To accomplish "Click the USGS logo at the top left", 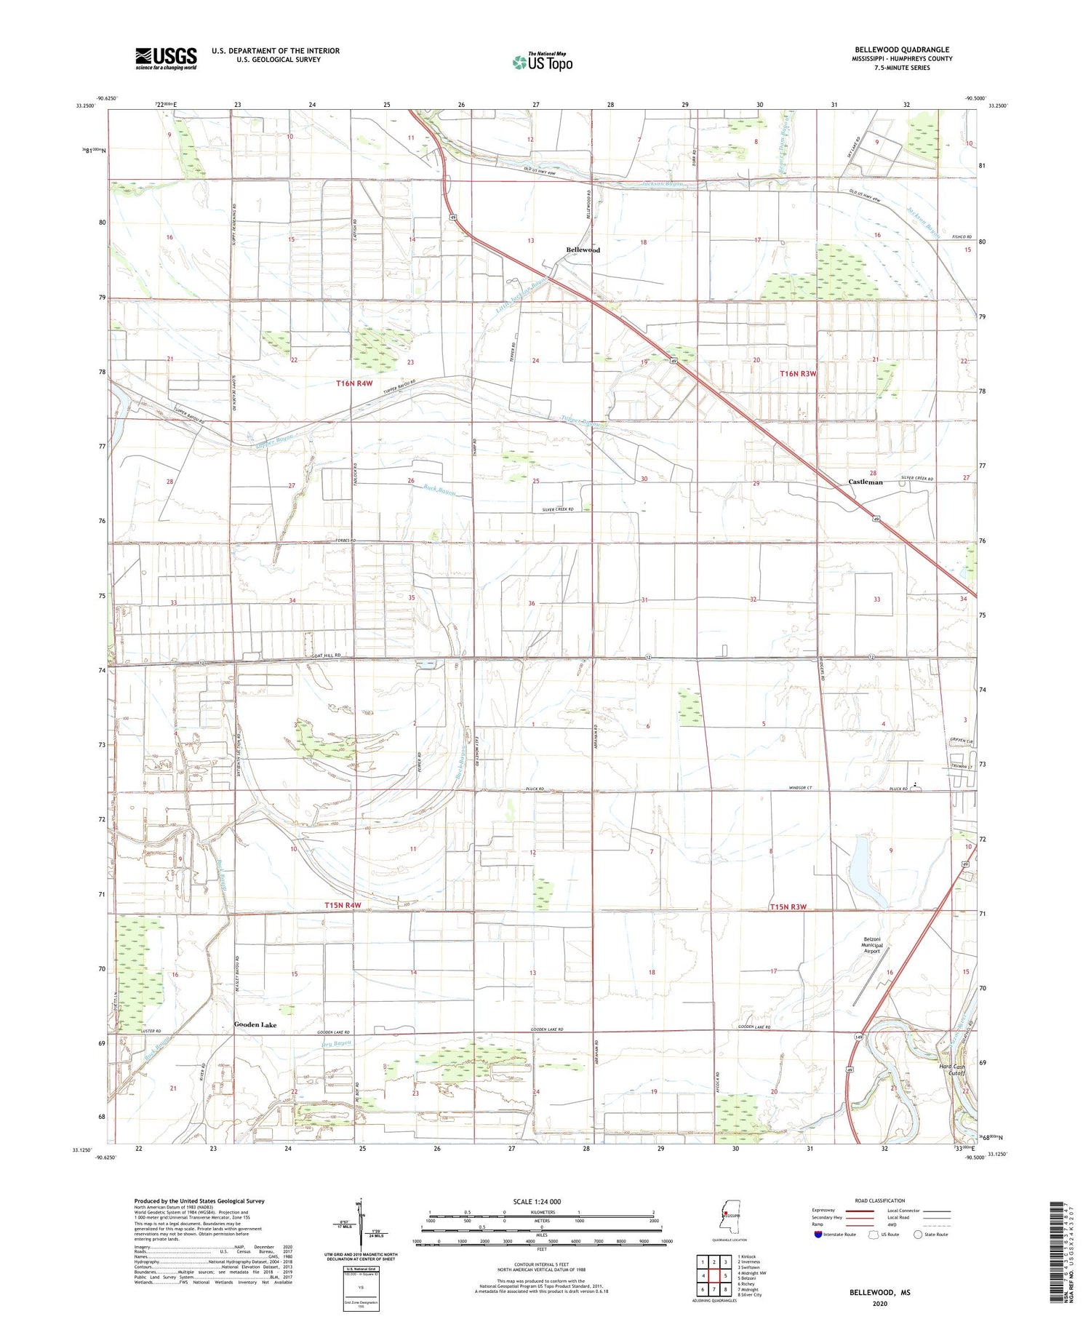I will point(166,58).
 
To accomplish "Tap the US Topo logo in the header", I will point(543,63).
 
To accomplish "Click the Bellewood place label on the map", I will point(583,250).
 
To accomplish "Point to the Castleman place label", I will point(866,482).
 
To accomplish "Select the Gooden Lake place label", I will point(255,1024).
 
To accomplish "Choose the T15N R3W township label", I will point(788,906).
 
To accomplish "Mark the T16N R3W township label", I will point(799,373).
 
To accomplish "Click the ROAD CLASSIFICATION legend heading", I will point(881,1200).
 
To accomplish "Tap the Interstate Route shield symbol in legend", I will point(818,1235).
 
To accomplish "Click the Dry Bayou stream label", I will point(337,1045).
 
